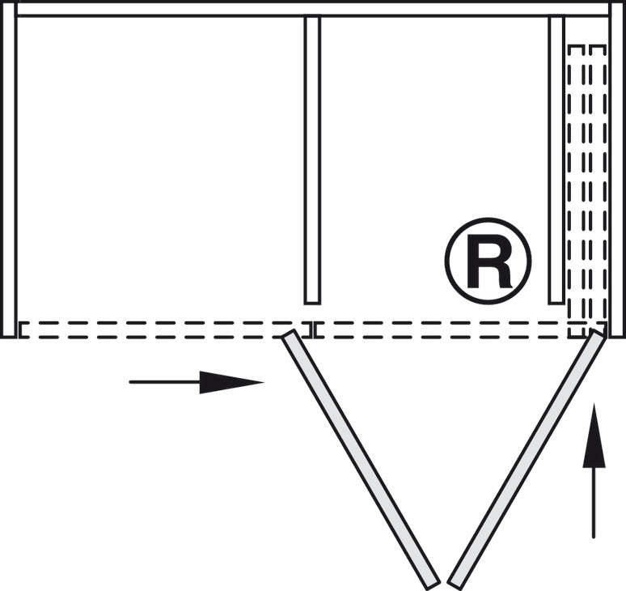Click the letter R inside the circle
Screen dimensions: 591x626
coord(488,261)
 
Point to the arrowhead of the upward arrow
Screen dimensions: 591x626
coord(594,437)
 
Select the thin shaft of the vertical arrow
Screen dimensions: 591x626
coord(594,502)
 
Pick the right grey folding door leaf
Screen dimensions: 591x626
coord(527,458)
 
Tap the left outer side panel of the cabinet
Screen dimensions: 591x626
coord(8,170)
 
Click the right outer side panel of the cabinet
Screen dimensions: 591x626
coord(617,170)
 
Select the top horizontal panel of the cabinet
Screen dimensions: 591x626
coord(312,9)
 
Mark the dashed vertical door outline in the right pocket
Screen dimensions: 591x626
coord(586,186)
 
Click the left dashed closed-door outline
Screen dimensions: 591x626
coord(162,330)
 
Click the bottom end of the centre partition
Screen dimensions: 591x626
coord(312,300)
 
